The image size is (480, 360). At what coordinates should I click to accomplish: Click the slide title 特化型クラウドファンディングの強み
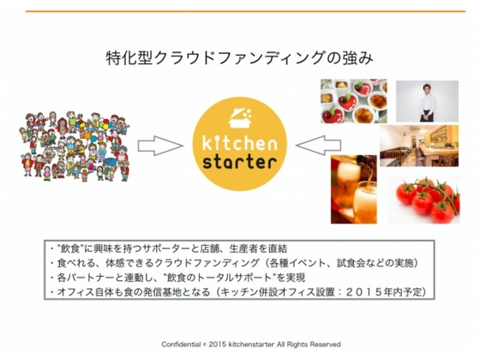pyautogui.click(x=240, y=58)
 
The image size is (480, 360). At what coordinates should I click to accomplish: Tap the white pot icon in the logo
pyautogui.click(x=240, y=118)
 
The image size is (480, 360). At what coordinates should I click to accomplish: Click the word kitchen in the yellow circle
pyautogui.click(x=240, y=142)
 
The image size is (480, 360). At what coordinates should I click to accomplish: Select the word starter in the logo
pyautogui.click(x=240, y=161)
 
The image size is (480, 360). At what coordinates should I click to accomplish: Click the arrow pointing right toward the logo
pyautogui.click(x=160, y=146)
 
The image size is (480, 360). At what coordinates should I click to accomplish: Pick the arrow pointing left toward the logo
pyautogui.click(x=318, y=145)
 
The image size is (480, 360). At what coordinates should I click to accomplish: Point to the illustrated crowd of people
pyautogui.click(x=75, y=147)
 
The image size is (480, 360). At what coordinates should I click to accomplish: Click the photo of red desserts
pyautogui.click(x=353, y=101)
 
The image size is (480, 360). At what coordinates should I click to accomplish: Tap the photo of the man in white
pyautogui.click(x=427, y=101)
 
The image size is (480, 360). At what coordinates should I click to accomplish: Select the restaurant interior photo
pyautogui.click(x=419, y=146)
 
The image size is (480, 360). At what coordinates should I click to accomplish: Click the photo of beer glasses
pyautogui.click(x=353, y=189)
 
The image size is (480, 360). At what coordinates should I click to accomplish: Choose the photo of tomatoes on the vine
pyautogui.click(x=423, y=200)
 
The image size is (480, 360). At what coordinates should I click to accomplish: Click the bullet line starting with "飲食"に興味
pyautogui.click(x=170, y=249)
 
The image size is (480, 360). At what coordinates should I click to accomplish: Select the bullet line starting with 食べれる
pyautogui.click(x=235, y=262)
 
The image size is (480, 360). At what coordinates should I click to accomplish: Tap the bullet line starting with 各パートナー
pyautogui.click(x=178, y=278)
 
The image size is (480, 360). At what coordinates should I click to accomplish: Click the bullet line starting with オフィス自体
pyautogui.click(x=238, y=291)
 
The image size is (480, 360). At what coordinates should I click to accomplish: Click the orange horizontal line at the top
pyautogui.click(x=245, y=11)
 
